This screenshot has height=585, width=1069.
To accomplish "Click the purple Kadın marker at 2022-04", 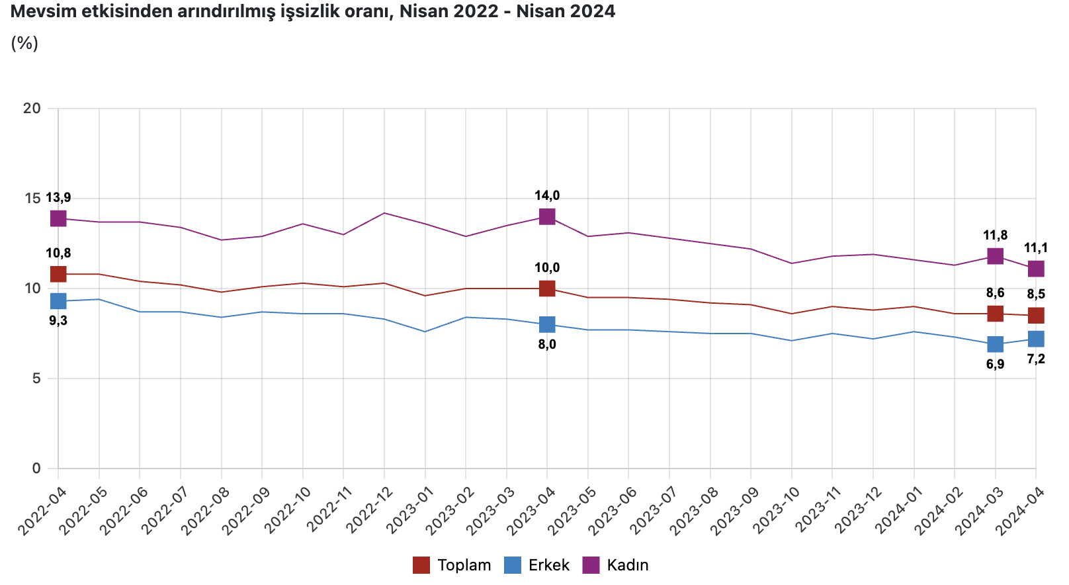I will [x=58, y=218].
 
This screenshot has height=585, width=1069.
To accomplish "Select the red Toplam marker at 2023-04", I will [x=547, y=289].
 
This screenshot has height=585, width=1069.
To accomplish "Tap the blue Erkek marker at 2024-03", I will [x=995, y=344].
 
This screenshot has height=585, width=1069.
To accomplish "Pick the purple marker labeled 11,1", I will [x=1036, y=269].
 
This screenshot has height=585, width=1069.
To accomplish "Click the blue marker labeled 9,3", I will [x=58, y=301].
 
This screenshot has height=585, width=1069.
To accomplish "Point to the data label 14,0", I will [x=547, y=196].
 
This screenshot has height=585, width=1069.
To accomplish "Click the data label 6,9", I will [x=995, y=364].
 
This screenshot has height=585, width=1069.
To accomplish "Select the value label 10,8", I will [x=58, y=253].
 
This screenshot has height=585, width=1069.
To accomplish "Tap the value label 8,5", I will [x=1036, y=294].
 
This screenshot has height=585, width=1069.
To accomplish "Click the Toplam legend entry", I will [x=452, y=565].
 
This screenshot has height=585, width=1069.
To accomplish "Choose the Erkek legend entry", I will [x=537, y=565].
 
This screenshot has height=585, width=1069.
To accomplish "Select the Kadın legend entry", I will [x=616, y=565].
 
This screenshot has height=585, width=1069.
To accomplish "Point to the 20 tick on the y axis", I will [x=32, y=109].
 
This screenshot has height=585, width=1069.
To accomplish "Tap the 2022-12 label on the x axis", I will [x=370, y=510].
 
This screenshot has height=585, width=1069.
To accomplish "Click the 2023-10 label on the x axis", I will [x=778, y=510].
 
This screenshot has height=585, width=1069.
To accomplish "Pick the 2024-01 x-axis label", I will [x=900, y=510].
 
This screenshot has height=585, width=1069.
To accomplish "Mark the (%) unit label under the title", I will [x=24, y=43].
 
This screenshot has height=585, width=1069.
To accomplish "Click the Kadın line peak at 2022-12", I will [x=384, y=213].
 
